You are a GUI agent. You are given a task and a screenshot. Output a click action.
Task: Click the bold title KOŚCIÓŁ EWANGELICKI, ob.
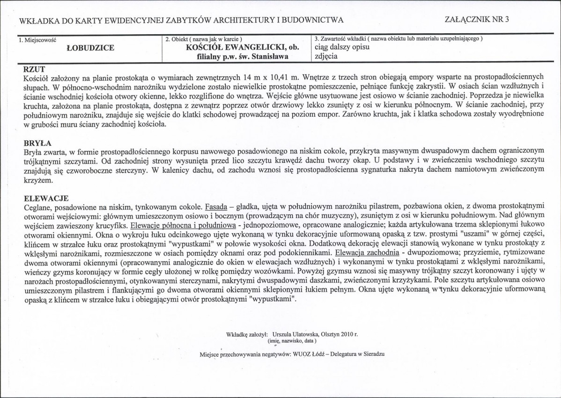[x=236, y=48]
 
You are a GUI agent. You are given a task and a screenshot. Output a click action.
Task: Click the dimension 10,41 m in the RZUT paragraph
[x=280, y=76]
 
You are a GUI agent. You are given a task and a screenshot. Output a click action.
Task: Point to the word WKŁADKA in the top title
[x=40, y=20]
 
